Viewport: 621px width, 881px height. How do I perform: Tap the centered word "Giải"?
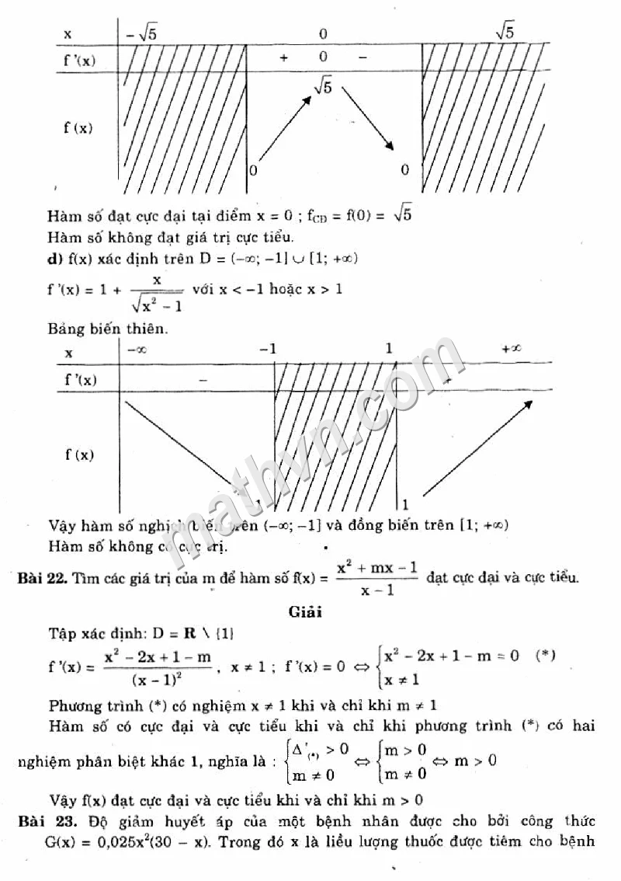point(305,611)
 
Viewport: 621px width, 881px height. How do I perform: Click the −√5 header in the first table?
point(141,33)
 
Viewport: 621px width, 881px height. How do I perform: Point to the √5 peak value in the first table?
point(323,86)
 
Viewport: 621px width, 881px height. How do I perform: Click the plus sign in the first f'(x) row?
point(283,57)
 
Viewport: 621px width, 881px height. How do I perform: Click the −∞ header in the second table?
point(137,350)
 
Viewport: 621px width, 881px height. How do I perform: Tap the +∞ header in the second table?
point(511,349)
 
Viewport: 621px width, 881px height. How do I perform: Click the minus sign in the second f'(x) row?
point(203,380)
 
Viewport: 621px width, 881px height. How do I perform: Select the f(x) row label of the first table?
point(78,128)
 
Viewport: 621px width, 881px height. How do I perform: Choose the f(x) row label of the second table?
point(78,455)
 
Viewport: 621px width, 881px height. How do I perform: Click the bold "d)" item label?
point(54,257)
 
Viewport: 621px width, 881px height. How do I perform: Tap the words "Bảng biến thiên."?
point(107,329)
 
